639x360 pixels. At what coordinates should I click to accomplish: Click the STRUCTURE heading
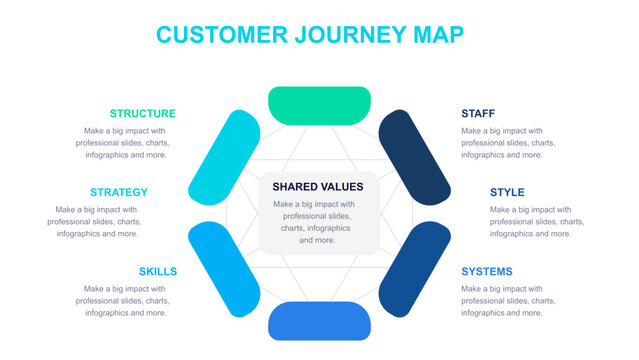pyautogui.click(x=142, y=113)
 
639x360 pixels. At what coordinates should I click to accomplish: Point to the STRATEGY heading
pyautogui.click(x=118, y=192)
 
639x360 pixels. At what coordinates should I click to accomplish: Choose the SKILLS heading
pyautogui.click(x=158, y=271)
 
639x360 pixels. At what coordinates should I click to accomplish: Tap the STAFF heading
pyautogui.click(x=477, y=113)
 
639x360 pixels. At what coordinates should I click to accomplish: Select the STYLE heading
pyautogui.click(x=506, y=192)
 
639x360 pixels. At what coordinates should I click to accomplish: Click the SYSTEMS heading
pyautogui.click(x=486, y=271)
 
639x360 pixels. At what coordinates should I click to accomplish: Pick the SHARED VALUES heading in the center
pyautogui.click(x=318, y=186)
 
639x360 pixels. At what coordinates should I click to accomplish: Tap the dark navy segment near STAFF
pyautogui.click(x=413, y=158)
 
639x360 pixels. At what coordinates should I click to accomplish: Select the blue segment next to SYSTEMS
pyautogui.click(x=413, y=268)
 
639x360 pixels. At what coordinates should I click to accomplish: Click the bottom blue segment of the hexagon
pyautogui.click(x=319, y=321)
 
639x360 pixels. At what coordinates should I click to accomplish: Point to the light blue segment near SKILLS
pyautogui.click(x=224, y=268)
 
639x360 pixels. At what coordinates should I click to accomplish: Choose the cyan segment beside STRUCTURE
pyautogui.click(x=224, y=158)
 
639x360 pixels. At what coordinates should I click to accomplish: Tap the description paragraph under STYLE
pyautogui.click(x=537, y=221)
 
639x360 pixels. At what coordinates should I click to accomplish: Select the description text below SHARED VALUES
pyautogui.click(x=318, y=222)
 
